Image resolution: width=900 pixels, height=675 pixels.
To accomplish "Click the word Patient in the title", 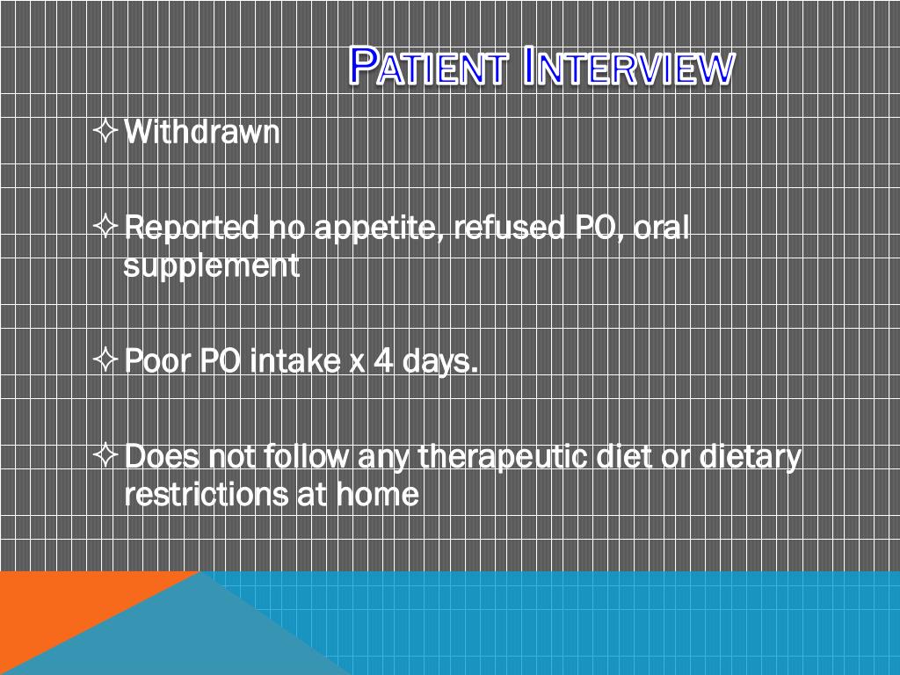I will point(428,67).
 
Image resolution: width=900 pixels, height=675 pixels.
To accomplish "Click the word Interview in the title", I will point(628,67).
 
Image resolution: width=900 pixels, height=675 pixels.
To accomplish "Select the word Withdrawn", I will point(202,133).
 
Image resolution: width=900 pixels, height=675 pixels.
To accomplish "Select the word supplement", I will point(211,266).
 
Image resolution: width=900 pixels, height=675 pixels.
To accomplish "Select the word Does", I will point(161,457).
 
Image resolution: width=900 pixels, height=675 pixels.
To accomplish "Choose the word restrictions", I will point(207,495).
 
